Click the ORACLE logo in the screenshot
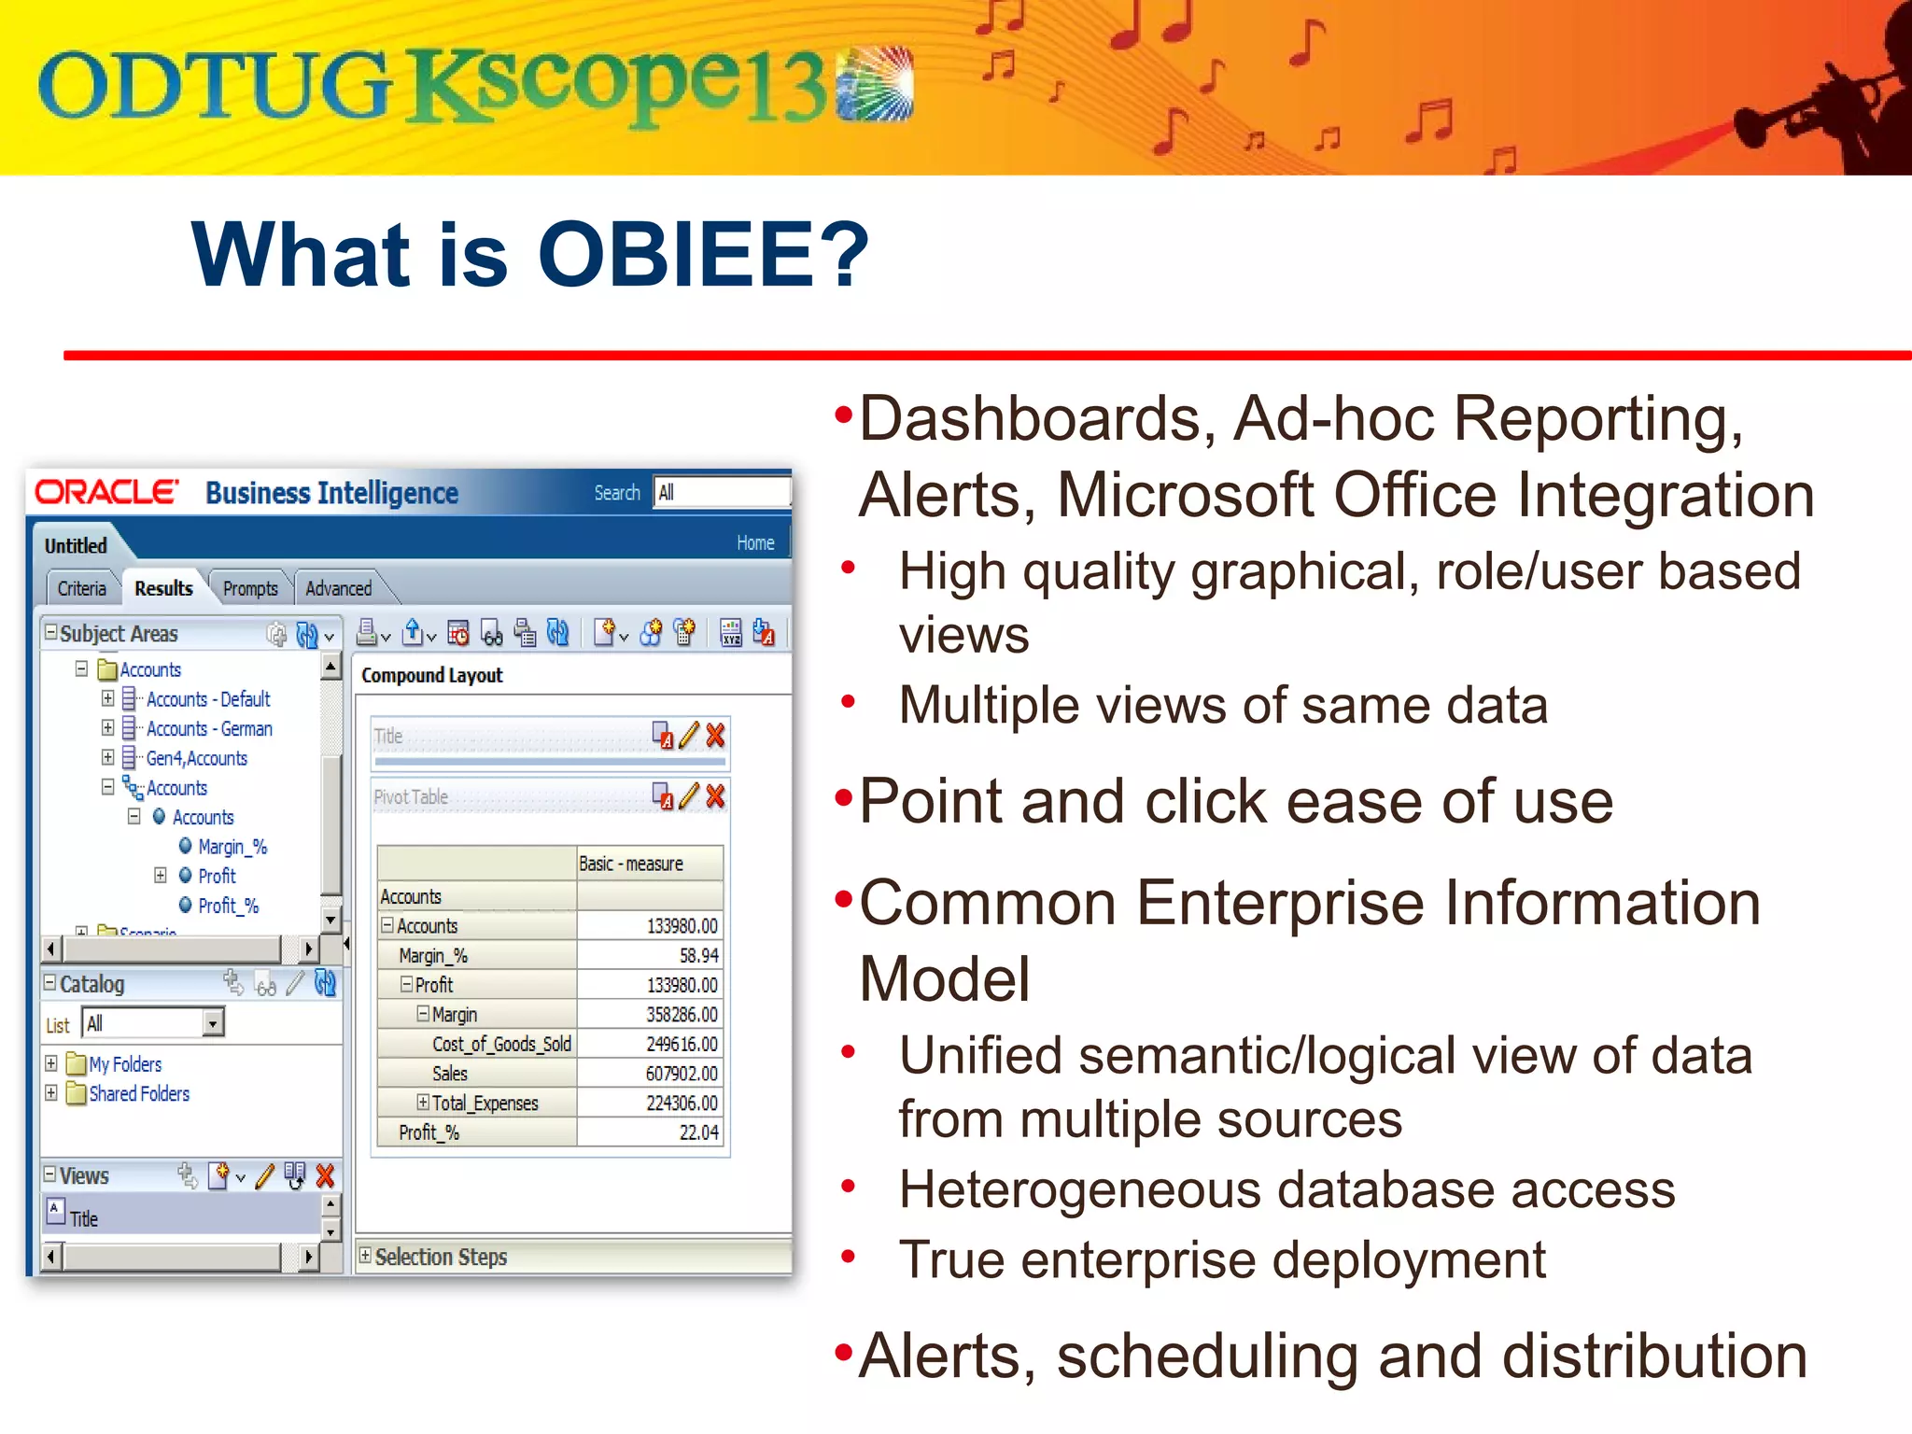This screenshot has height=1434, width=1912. [105, 492]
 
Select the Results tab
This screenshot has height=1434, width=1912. [163, 588]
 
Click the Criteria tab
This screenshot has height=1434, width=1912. [81, 588]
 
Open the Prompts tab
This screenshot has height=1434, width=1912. [250, 588]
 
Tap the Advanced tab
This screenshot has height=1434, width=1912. [338, 588]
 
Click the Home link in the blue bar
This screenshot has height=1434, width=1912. [754, 542]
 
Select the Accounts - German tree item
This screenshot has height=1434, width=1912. [209, 728]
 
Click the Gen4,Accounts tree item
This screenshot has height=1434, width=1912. [196, 758]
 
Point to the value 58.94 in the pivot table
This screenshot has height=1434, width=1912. [698, 955]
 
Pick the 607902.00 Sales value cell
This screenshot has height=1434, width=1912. [682, 1074]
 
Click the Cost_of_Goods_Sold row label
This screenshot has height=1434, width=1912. [501, 1044]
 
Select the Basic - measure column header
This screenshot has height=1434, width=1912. [631, 864]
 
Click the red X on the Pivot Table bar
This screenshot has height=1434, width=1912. [715, 796]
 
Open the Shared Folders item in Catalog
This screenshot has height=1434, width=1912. [138, 1093]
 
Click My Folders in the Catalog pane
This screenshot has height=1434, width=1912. [125, 1064]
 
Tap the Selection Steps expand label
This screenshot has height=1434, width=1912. [440, 1257]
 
